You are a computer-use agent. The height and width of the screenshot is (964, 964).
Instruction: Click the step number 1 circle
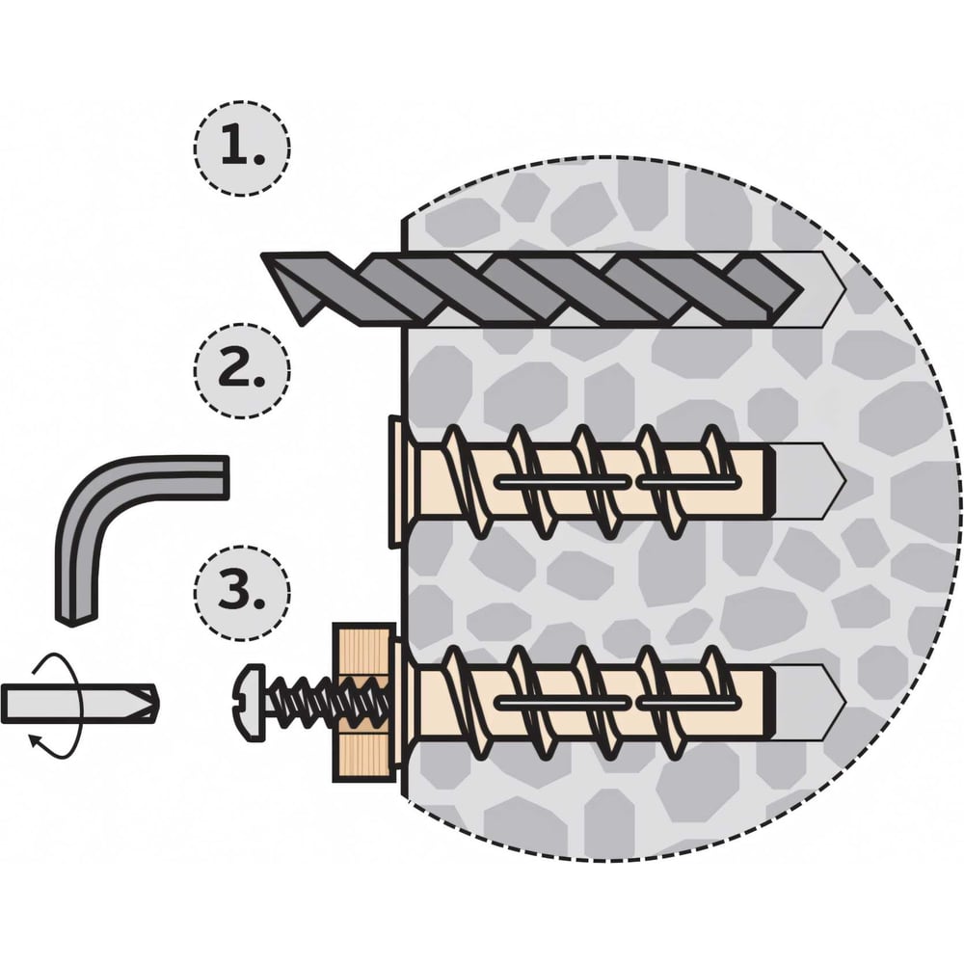tap(241, 147)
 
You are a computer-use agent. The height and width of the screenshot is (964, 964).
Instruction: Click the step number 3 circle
tap(241, 590)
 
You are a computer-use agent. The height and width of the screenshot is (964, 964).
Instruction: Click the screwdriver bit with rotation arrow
tap(77, 703)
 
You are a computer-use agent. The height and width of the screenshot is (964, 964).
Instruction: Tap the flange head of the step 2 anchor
tap(392, 481)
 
